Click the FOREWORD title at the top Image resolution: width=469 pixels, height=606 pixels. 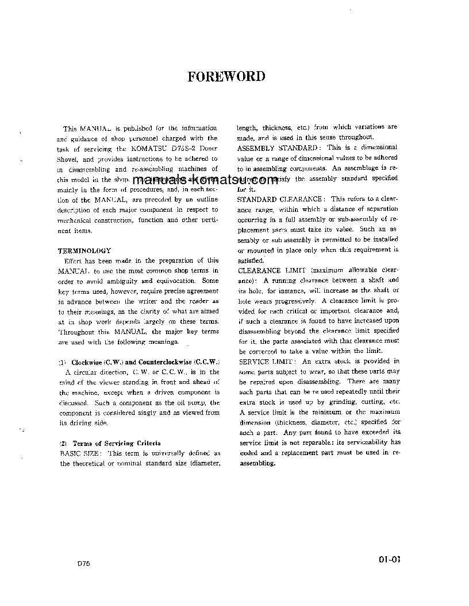point(226,76)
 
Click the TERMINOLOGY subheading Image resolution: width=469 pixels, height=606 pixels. point(84,250)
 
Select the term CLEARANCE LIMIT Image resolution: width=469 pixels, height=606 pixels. point(267,270)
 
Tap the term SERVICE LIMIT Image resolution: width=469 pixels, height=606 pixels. point(267,361)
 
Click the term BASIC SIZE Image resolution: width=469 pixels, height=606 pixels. point(80,453)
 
